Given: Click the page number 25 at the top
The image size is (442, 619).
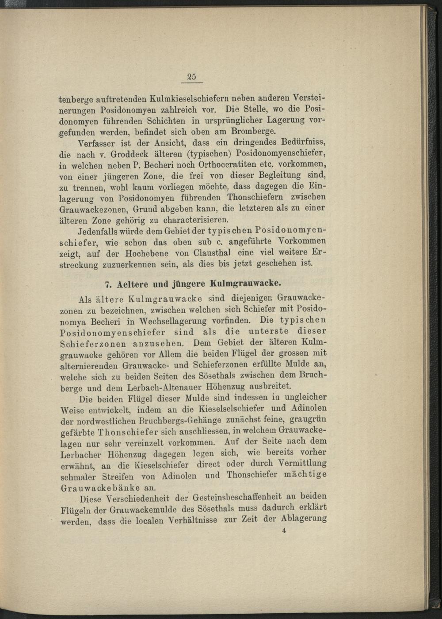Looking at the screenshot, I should point(192,76).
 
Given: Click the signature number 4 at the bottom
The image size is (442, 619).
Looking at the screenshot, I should point(283,531).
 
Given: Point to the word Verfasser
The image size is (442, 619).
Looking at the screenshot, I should point(97,143).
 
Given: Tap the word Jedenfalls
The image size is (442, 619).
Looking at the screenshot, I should point(99,231).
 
